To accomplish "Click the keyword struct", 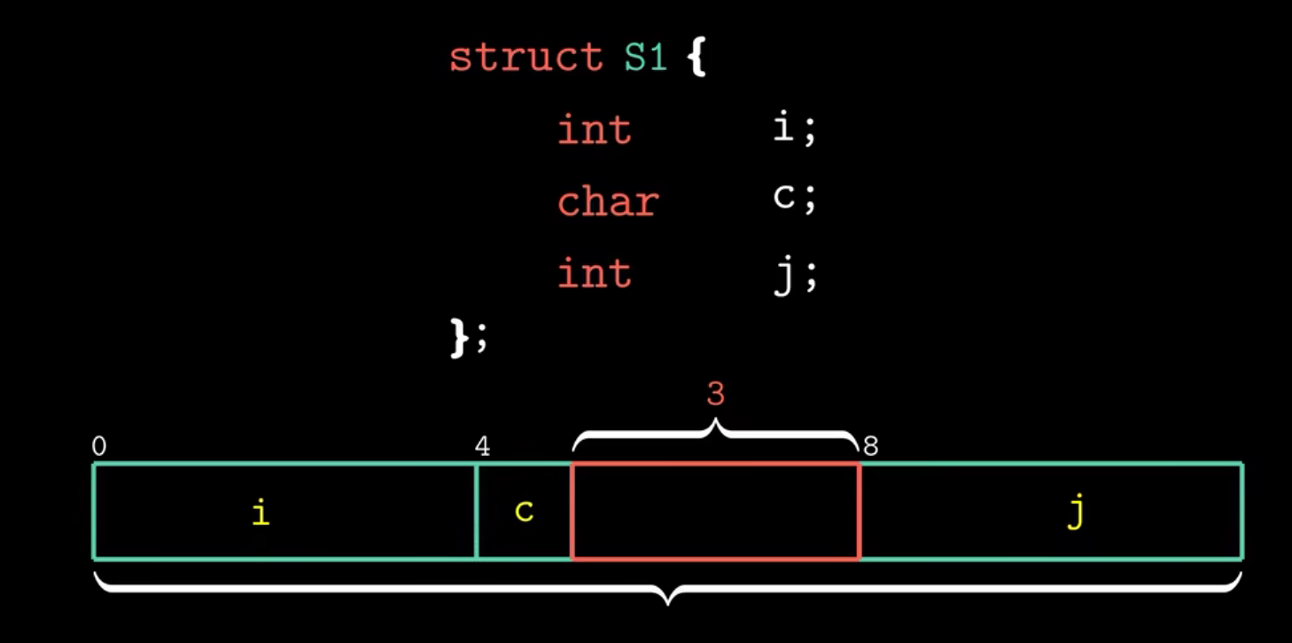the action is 525,59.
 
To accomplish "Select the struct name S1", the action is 644,59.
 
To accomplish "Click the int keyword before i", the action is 594,130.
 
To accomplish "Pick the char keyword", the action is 608,202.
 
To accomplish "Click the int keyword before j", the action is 594,272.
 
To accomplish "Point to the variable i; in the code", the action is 793,129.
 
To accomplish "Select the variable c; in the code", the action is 793,200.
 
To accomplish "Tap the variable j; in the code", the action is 793,273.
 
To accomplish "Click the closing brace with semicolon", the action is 469,339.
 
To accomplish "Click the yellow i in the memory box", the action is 260,513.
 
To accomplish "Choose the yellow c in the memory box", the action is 524,512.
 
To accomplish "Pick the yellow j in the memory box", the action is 1075,514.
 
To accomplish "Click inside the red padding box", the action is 715,512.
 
